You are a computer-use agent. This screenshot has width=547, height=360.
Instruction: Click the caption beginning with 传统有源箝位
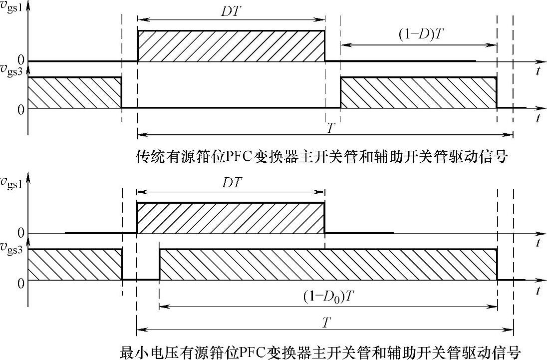[322, 158]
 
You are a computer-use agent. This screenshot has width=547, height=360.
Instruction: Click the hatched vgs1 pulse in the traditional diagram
[231, 46]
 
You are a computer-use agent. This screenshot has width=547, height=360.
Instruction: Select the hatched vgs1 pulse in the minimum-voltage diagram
[231, 218]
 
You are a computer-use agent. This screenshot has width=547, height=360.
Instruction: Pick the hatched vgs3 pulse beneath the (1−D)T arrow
[418, 92]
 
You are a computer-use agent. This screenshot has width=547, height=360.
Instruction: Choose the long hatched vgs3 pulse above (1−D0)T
[328, 264]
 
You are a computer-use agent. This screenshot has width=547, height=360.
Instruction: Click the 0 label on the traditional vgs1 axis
[20, 60]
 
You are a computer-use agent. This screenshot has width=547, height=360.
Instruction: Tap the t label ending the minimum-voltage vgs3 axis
[538, 290]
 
